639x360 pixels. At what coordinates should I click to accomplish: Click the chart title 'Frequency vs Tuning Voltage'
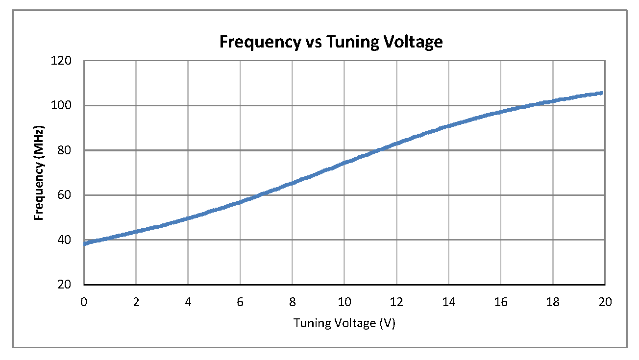click(x=331, y=42)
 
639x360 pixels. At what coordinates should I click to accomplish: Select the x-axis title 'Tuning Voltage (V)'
click(x=344, y=323)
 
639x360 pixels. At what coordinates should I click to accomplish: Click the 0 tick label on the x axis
click(x=84, y=302)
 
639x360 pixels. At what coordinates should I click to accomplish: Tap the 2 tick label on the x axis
click(x=136, y=302)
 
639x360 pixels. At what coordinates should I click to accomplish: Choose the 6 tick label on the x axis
click(x=240, y=302)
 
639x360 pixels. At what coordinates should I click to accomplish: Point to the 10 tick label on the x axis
click(x=344, y=302)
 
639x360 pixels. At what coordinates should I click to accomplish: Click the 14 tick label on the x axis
click(x=448, y=302)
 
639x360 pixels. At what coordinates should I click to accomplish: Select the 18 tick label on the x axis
click(x=552, y=302)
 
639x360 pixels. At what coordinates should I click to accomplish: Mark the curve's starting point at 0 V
click(x=85, y=243)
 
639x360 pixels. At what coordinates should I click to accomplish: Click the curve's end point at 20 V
click(x=602, y=93)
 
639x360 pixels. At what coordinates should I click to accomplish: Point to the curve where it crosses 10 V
click(x=344, y=163)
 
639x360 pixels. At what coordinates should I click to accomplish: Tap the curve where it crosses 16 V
click(x=500, y=112)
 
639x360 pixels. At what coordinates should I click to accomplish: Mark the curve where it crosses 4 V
click(x=188, y=218)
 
